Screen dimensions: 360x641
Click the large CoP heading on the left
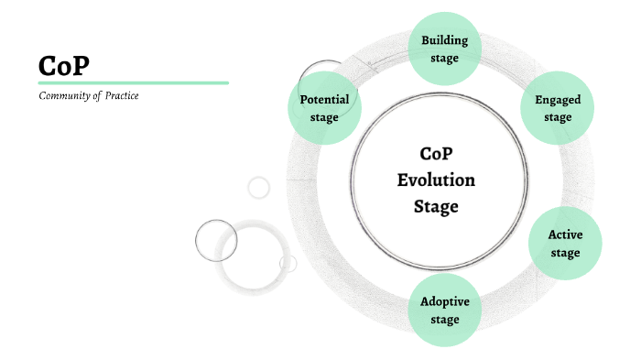pos(64,65)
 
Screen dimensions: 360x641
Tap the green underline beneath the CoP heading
pos(133,82)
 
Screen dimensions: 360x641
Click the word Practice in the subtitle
pos(121,96)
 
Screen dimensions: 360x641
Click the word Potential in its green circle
pos(324,99)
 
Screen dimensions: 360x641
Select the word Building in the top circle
pos(444,40)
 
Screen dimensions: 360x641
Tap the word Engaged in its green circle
pos(558,100)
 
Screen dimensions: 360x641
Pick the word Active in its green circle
pos(565,235)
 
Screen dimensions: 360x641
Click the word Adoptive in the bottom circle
pos(444,301)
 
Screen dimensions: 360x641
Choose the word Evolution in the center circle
pos(436,180)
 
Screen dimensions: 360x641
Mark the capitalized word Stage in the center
pos(436,206)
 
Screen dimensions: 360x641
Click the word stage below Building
pos(444,59)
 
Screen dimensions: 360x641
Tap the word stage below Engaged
pos(558,117)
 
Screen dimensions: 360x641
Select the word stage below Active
pos(565,253)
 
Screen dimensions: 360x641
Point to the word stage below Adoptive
pos(444,320)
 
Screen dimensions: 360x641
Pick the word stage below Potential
pos(324,117)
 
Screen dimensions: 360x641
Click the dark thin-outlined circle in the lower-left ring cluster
pos(216,241)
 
